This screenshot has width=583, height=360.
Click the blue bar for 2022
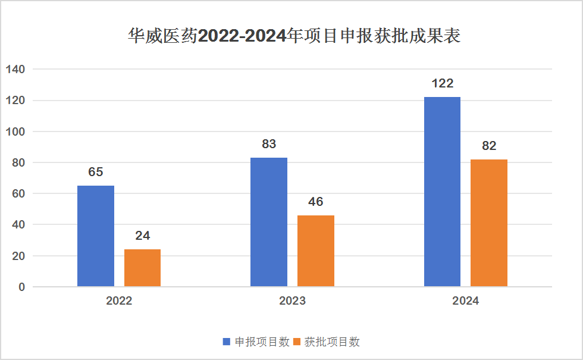(x=96, y=236)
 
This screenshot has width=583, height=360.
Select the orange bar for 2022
(x=143, y=268)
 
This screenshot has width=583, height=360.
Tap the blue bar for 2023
(x=269, y=222)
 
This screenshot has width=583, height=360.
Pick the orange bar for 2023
(x=316, y=251)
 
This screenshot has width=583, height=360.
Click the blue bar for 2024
(x=442, y=192)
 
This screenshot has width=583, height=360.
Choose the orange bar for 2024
(x=489, y=223)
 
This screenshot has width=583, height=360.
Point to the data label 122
(x=442, y=83)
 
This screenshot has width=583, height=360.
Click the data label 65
(x=96, y=172)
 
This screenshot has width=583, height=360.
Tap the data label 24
(x=143, y=236)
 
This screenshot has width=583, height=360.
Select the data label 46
(x=316, y=202)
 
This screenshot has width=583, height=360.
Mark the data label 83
(x=269, y=144)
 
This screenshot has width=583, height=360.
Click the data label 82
(x=489, y=146)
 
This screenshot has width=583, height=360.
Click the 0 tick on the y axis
(x=21, y=287)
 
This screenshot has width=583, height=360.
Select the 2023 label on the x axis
(x=292, y=300)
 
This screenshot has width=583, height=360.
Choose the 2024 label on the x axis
(x=465, y=300)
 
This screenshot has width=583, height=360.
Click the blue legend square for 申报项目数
(x=227, y=342)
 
